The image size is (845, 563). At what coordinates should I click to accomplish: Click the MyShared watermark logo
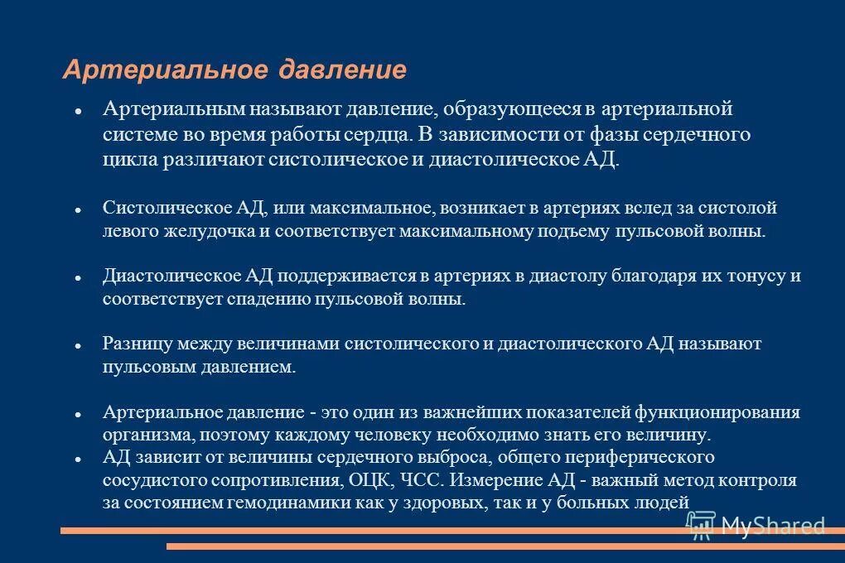pyautogui.click(x=755, y=524)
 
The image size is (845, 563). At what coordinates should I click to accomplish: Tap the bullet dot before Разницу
pyautogui.click(x=76, y=344)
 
